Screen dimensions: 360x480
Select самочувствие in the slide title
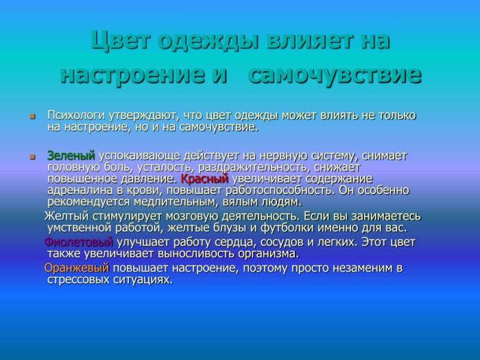(334, 74)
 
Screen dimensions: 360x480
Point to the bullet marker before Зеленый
(32, 156)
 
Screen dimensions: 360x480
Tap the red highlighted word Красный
(204, 179)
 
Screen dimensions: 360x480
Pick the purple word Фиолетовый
(78, 242)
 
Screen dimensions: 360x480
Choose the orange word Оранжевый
(77, 267)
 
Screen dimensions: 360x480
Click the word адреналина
(77, 191)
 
